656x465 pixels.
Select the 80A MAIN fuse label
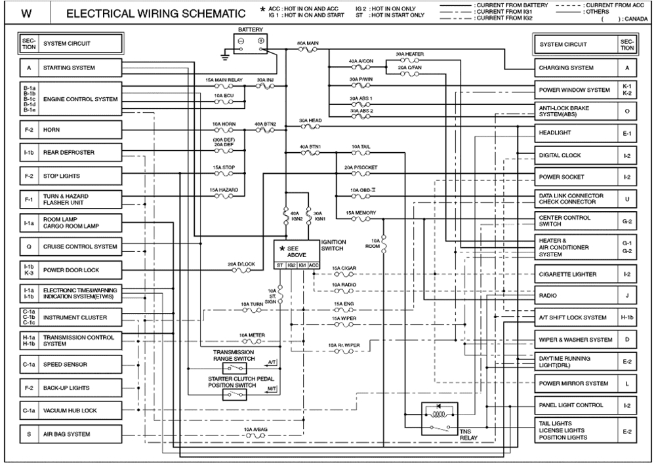pyautogui.click(x=308, y=43)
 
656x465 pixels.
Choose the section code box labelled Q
pyautogui.click(x=29, y=247)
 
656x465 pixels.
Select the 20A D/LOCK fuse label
pyautogui.click(x=241, y=263)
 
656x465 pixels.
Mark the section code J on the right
pyautogui.click(x=627, y=296)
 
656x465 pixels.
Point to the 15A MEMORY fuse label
pyautogui.click(x=361, y=212)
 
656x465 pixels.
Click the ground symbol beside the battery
pyautogui.click(x=225, y=58)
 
